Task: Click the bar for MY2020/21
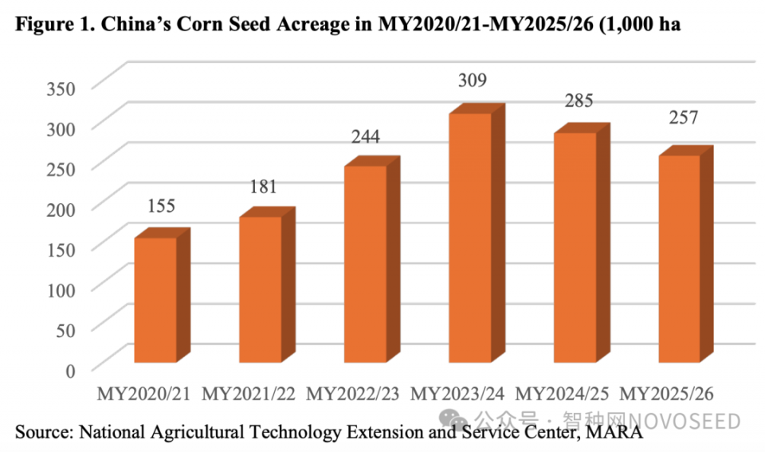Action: pos(155,301)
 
